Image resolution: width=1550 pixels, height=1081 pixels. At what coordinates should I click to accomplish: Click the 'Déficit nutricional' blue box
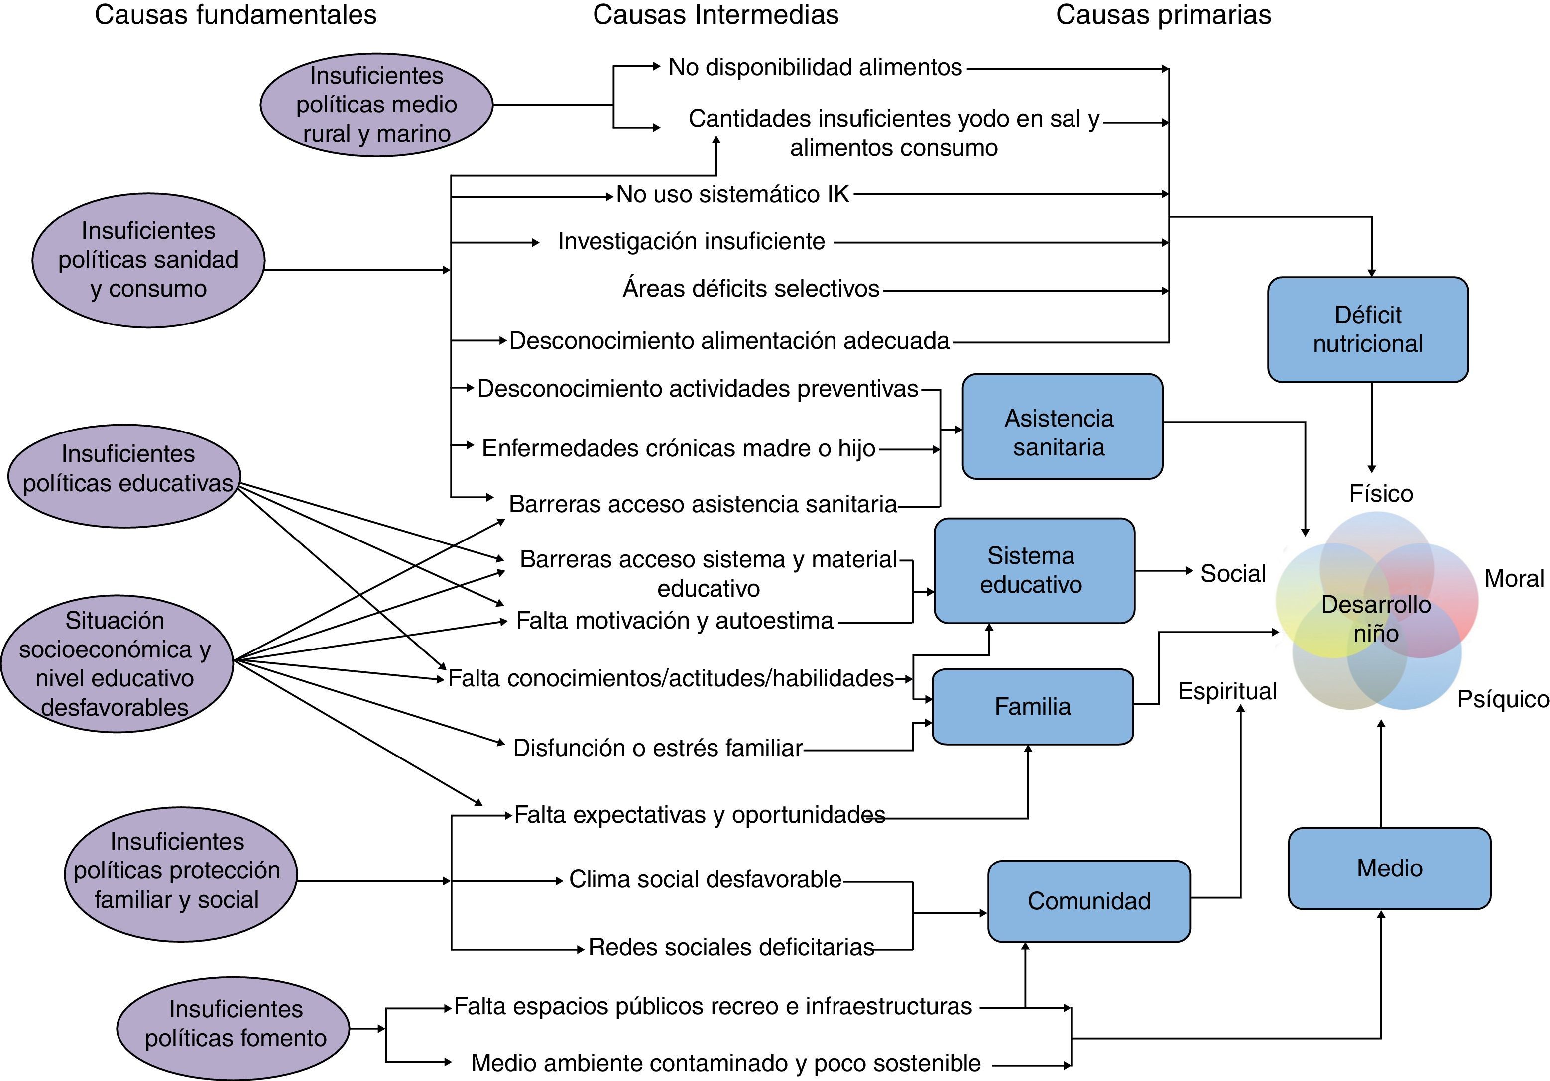(x=1368, y=329)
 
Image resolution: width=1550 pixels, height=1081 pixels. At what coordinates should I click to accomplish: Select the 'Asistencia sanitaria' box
(x=1062, y=427)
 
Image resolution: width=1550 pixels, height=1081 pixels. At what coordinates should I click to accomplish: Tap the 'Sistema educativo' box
(x=1034, y=570)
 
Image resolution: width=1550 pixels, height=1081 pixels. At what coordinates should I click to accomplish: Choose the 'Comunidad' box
(x=1088, y=901)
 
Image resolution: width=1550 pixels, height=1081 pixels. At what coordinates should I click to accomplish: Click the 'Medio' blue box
(x=1389, y=868)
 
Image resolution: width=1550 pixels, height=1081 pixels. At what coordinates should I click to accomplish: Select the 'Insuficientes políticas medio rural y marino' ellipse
(x=377, y=105)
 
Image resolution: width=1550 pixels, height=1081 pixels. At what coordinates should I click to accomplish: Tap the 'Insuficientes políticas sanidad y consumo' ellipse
(x=148, y=260)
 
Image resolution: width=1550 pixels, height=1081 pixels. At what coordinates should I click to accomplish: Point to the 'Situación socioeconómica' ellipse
(x=116, y=663)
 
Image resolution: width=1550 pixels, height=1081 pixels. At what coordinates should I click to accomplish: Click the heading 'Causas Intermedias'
(x=715, y=15)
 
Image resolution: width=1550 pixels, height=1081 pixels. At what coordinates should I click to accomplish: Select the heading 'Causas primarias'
(x=1163, y=15)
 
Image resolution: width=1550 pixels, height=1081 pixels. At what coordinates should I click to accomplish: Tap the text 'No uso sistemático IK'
(x=732, y=194)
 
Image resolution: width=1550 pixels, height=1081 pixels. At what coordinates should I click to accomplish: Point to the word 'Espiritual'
(x=1227, y=691)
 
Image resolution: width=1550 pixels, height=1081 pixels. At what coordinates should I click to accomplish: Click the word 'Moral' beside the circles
(x=1514, y=578)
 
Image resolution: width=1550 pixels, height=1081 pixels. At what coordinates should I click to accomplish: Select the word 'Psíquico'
(x=1503, y=699)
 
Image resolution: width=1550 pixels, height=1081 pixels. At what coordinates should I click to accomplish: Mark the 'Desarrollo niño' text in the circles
(x=1376, y=618)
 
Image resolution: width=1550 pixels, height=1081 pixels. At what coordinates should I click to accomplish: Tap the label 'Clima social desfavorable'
(x=705, y=879)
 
